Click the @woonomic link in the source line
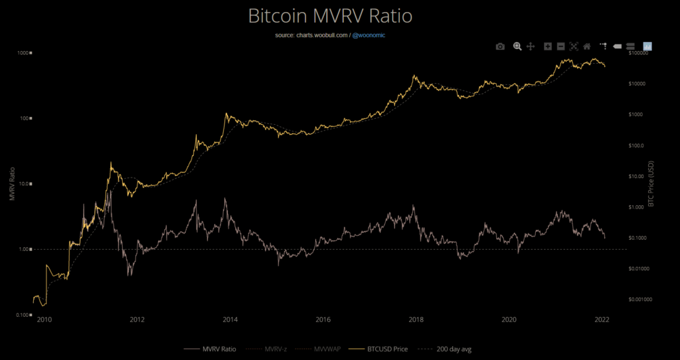click(368, 35)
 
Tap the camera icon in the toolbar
click(500, 46)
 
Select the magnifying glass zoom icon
click(517, 46)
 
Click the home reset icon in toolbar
click(587, 46)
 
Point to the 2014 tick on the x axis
click(230, 319)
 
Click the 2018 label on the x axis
click(416, 319)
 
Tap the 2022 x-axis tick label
click(602, 319)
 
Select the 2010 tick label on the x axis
click(44, 319)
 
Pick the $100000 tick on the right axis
click(641, 53)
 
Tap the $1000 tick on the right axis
click(638, 114)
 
